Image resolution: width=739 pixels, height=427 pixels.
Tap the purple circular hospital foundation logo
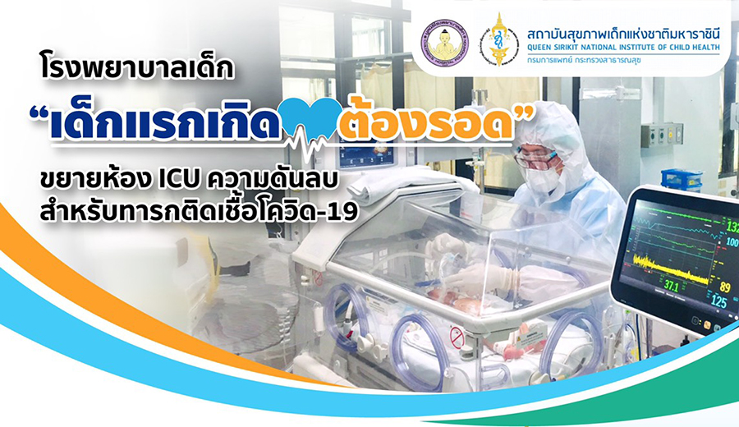click(x=444, y=43)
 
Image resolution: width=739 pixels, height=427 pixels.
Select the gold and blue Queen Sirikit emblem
click(x=498, y=40)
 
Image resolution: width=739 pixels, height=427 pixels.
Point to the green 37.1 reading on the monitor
click(x=672, y=287)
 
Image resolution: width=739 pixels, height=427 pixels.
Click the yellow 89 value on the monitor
click(x=725, y=286)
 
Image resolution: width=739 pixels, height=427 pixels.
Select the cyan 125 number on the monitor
click(x=718, y=301)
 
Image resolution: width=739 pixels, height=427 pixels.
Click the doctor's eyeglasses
click(x=537, y=159)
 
